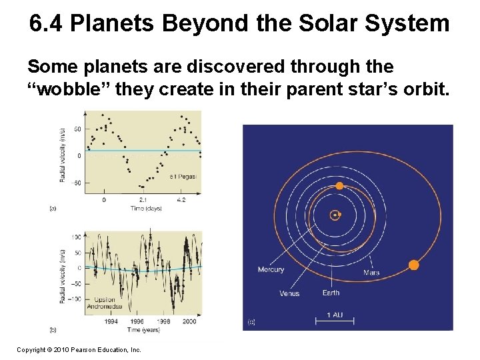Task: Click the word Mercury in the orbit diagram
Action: [x=271, y=269]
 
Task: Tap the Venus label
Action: [x=289, y=293]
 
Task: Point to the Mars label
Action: [x=371, y=273]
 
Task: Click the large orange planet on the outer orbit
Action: [x=413, y=265]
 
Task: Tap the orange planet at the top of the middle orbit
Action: [x=339, y=186]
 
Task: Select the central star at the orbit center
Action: [x=334, y=215]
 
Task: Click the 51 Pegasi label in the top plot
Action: [x=183, y=177]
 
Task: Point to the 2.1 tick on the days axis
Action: [x=143, y=199]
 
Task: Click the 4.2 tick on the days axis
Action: [x=181, y=199]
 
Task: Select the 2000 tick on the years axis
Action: [x=189, y=321]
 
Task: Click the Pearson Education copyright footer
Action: [x=79, y=349]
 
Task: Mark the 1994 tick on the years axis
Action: [x=111, y=321]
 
